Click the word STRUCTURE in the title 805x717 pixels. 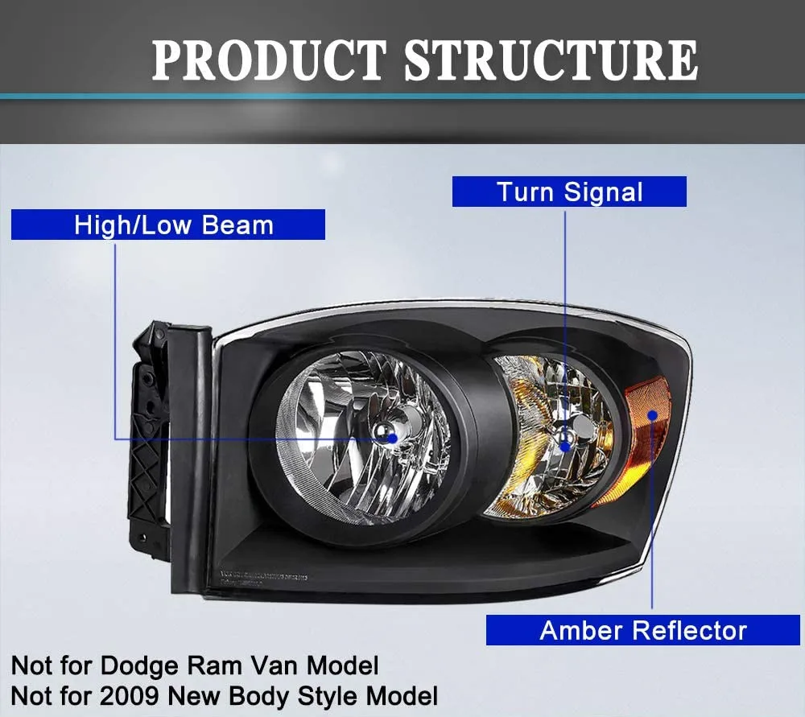(551, 60)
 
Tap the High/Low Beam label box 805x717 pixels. (167, 225)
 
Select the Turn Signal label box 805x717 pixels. (569, 192)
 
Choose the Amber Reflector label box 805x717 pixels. (642, 630)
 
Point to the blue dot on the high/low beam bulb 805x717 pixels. (393, 438)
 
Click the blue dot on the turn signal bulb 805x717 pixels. (565, 445)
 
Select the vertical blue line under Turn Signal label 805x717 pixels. (565, 322)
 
